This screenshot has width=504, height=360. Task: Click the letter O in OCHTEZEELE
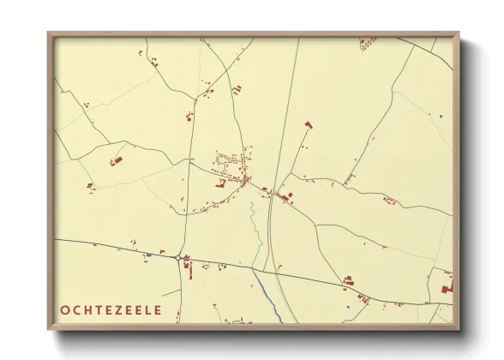66,310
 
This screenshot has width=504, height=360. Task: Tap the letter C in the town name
79,310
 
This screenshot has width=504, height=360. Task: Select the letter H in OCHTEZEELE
91,310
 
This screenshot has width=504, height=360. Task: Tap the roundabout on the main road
177,257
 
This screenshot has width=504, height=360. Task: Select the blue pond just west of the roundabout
148,255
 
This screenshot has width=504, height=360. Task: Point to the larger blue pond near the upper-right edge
441,116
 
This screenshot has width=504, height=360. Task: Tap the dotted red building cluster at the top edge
367,40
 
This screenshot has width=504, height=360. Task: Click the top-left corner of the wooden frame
49,33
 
